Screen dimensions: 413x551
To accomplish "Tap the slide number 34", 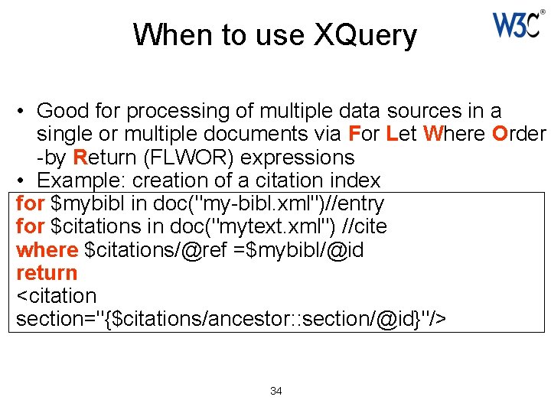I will pyautogui.click(x=276, y=391).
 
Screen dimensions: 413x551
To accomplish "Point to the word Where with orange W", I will pyautogui.click(x=454, y=135).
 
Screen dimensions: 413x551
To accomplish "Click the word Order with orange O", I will pyautogui.click(x=519, y=135).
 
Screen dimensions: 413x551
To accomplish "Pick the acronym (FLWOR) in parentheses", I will pyautogui.click(x=190, y=158).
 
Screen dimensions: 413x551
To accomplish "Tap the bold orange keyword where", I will pyautogui.click(x=47, y=250).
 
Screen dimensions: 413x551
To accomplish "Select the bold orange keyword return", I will pyautogui.click(x=47, y=273).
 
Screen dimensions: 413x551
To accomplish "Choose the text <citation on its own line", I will pyautogui.click(x=56, y=296).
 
